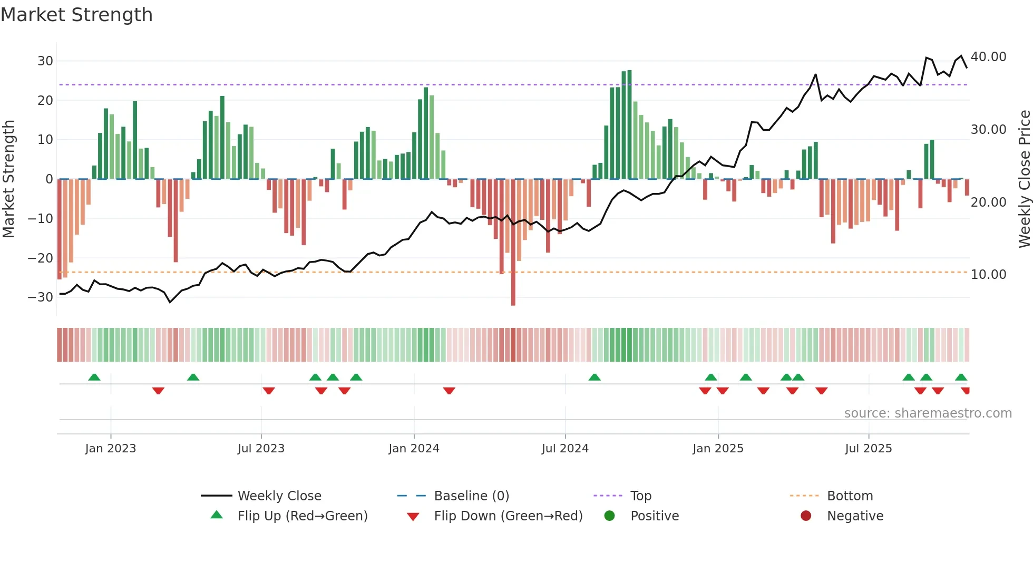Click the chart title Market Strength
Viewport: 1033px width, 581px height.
[x=76, y=15]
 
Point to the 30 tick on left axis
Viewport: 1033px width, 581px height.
[x=45, y=61]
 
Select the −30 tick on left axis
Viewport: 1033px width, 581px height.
[x=41, y=297]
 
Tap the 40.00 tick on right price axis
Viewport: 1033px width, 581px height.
[x=988, y=56]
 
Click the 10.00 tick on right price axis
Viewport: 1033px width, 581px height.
[x=988, y=274]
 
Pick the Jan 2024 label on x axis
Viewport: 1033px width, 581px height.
[x=414, y=448]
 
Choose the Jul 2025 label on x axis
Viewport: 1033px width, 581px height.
[x=868, y=448]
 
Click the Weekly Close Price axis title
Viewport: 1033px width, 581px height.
[x=1024, y=179]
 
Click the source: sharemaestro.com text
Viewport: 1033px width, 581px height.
[x=928, y=413]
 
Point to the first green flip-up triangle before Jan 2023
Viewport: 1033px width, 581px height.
[x=94, y=377]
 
